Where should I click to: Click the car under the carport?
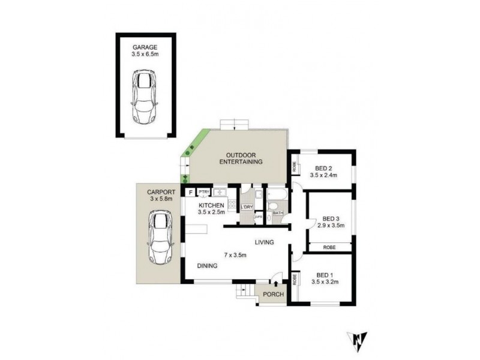(x=160, y=238)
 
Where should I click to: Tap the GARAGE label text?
(x=145, y=46)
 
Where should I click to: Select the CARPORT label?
(x=160, y=191)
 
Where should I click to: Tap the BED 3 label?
(x=331, y=218)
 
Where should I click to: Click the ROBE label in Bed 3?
(x=329, y=247)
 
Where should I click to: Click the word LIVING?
(x=264, y=242)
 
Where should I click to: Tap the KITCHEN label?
(x=211, y=205)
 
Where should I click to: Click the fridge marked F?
(x=190, y=193)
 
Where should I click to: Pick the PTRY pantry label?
(x=204, y=193)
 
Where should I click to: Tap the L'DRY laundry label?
(x=247, y=208)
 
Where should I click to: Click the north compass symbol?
(x=357, y=340)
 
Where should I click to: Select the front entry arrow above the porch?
(x=275, y=283)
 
